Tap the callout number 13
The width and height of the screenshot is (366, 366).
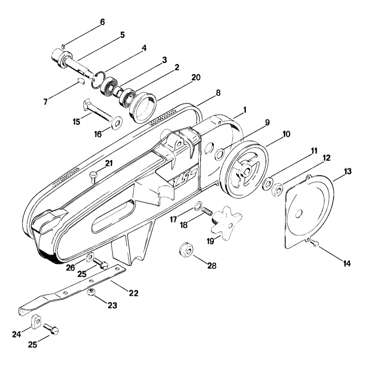[x=348, y=171]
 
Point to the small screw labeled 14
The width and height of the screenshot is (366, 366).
[x=315, y=243]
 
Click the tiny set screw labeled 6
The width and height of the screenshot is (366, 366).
[x=63, y=46]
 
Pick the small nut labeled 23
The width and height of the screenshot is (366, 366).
[x=91, y=292]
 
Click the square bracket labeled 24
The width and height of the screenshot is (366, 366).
[x=35, y=321]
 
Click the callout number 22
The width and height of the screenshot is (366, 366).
[x=133, y=293]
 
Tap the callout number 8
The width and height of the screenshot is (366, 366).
[x=218, y=93]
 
